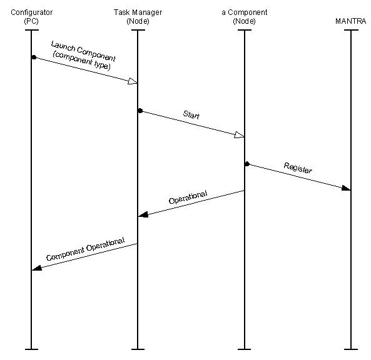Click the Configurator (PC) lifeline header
click(x=31, y=17)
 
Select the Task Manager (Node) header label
click(x=138, y=17)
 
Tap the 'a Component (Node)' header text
click(x=245, y=17)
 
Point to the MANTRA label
click(x=350, y=21)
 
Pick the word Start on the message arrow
click(x=191, y=114)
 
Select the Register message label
click(x=298, y=168)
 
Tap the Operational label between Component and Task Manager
click(x=188, y=197)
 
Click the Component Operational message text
click(x=85, y=249)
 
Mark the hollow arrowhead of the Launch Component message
click(x=133, y=81)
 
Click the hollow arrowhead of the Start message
click(x=239, y=135)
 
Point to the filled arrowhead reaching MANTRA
click(x=346, y=188)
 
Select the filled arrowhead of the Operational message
click(x=143, y=214)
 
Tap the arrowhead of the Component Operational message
click(x=37, y=268)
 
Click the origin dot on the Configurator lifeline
click(x=34, y=57)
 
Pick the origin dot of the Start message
click(x=140, y=111)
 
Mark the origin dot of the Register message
click(x=247, y=164)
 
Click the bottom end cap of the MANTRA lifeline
click(x=351, y=349)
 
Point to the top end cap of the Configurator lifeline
click(x=31, y=30)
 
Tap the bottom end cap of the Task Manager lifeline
click(x=138, y=349)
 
